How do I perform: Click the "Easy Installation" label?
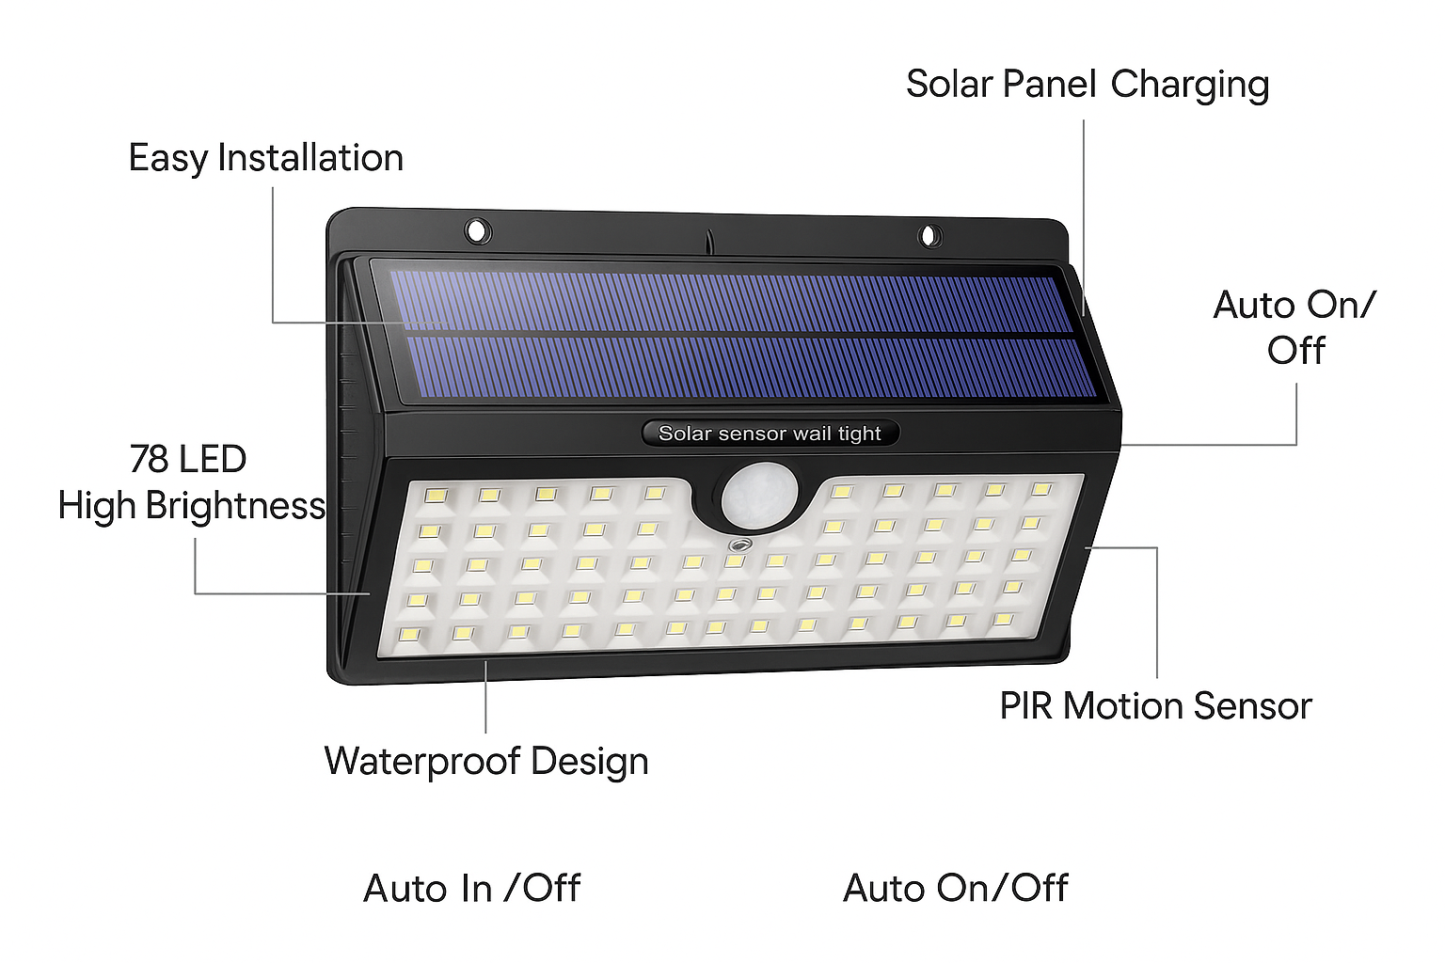click(x=265, y=158)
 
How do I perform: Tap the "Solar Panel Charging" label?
click(x=1087, y=85)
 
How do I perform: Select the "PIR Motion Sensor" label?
click(x=1154, y=705)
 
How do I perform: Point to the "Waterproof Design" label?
click(x=485, y=761)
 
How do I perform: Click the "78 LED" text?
click(x=188, y=459)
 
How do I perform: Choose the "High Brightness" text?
click(x=192, y=506)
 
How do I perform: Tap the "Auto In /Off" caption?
click(x=471, y=888)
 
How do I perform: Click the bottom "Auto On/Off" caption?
click(x=955, y=888)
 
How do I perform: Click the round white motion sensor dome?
click(x=759, y=497)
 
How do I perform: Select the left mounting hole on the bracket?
click(x=477, y=229)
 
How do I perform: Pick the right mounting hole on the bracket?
click(x=929, y=234)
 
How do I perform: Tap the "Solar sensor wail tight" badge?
click(x=770, y=434)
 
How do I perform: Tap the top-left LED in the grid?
click(x=435, y=495)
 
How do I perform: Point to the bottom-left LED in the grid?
click(x=409, y=635)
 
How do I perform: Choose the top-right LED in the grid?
click(x=1040, y=489)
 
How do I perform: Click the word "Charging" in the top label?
click(x=1189, y=85)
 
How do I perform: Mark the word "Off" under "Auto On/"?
click(x=1295, y=351)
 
